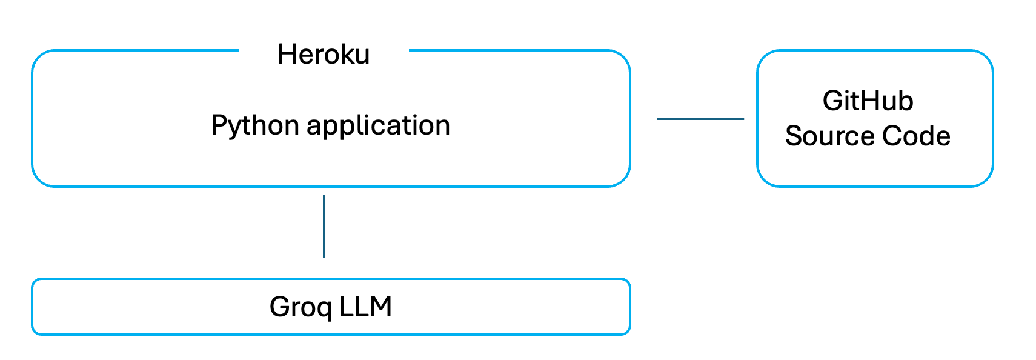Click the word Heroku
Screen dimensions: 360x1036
[324, 55]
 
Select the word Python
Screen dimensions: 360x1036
[255, 126]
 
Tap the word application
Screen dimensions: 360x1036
[378, 126]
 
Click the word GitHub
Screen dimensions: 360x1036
[868, 101]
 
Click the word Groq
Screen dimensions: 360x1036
[301, 307]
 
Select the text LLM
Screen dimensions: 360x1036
[365, 307]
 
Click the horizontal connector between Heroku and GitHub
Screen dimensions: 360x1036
[700, 119]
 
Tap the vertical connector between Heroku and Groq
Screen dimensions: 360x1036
[324, 226]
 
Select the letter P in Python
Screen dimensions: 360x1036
[218, 125]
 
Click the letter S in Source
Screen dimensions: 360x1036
[794, 136]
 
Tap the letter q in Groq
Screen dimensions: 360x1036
[325, 309]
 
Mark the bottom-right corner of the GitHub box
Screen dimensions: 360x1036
[987, 180]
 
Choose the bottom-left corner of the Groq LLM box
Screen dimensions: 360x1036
[35, 331]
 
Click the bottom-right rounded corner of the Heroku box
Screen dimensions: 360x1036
[624, 180]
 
